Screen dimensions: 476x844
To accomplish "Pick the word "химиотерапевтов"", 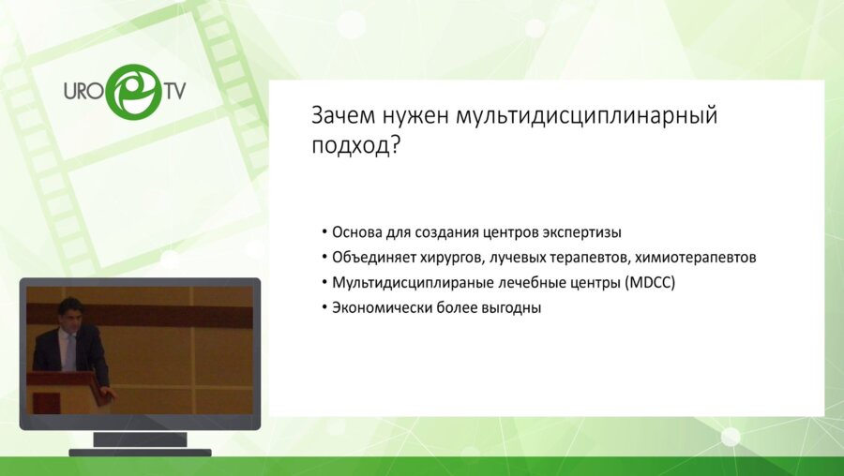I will point(701,257).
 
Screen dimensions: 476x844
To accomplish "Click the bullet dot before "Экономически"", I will point(323,307).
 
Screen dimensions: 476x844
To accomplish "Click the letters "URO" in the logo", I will point(82,94).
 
